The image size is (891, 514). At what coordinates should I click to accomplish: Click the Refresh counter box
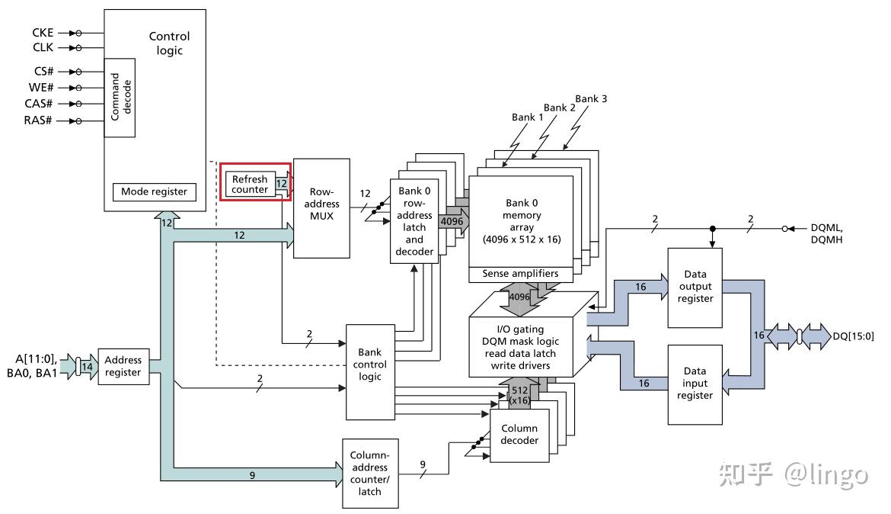250,185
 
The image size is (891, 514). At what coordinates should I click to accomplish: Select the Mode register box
154,191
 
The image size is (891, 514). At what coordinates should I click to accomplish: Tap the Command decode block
120,98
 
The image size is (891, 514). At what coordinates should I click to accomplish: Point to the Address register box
123,366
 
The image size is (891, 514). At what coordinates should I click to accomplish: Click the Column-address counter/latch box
369,474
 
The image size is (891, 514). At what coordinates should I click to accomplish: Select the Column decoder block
519,435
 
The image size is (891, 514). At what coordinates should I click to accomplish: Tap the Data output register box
695,286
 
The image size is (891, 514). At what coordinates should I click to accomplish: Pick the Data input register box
695,383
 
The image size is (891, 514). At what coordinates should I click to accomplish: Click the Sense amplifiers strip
521,273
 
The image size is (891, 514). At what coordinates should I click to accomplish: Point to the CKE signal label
43,33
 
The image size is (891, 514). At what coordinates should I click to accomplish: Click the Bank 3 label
590,98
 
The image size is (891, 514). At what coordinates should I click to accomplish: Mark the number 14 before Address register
88,367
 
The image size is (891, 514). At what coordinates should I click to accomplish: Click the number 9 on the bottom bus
252,474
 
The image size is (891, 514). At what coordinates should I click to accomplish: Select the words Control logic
169,43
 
